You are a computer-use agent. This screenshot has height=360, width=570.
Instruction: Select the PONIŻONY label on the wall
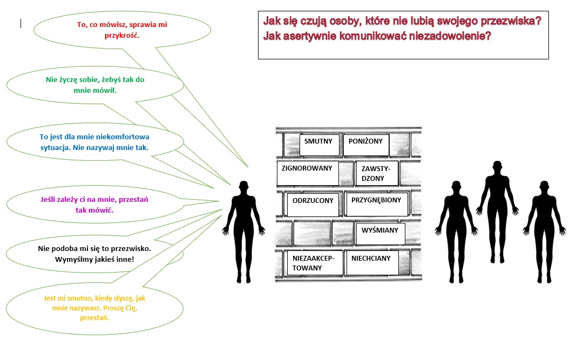tap(367, 145)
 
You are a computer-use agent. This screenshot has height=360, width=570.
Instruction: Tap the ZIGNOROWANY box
tap(308, 173)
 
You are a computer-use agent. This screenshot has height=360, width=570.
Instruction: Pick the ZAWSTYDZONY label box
tap(377, 173)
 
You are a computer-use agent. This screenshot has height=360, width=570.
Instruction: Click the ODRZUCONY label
tap(313, 205)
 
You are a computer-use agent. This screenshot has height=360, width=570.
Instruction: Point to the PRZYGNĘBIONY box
tap(377, 205)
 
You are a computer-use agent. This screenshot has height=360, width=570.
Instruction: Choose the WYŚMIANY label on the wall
tap(381, 234)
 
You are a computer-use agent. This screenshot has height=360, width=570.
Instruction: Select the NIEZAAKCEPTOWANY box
tap(315, 263)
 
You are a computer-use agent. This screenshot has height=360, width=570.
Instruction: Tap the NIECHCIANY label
tap(372, 263)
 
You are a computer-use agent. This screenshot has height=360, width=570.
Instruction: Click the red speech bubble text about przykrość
tap(122, 30)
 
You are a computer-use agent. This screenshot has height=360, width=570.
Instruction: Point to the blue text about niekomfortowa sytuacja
tap(94, 142)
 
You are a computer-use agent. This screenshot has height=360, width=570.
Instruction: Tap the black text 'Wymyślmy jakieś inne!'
tap(94, 259)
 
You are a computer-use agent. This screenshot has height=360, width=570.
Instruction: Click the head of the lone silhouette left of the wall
tap(243, 187)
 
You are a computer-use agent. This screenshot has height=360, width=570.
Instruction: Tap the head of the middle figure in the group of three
tap(497, 167)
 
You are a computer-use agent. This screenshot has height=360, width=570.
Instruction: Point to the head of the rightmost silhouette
tap(544, 187)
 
